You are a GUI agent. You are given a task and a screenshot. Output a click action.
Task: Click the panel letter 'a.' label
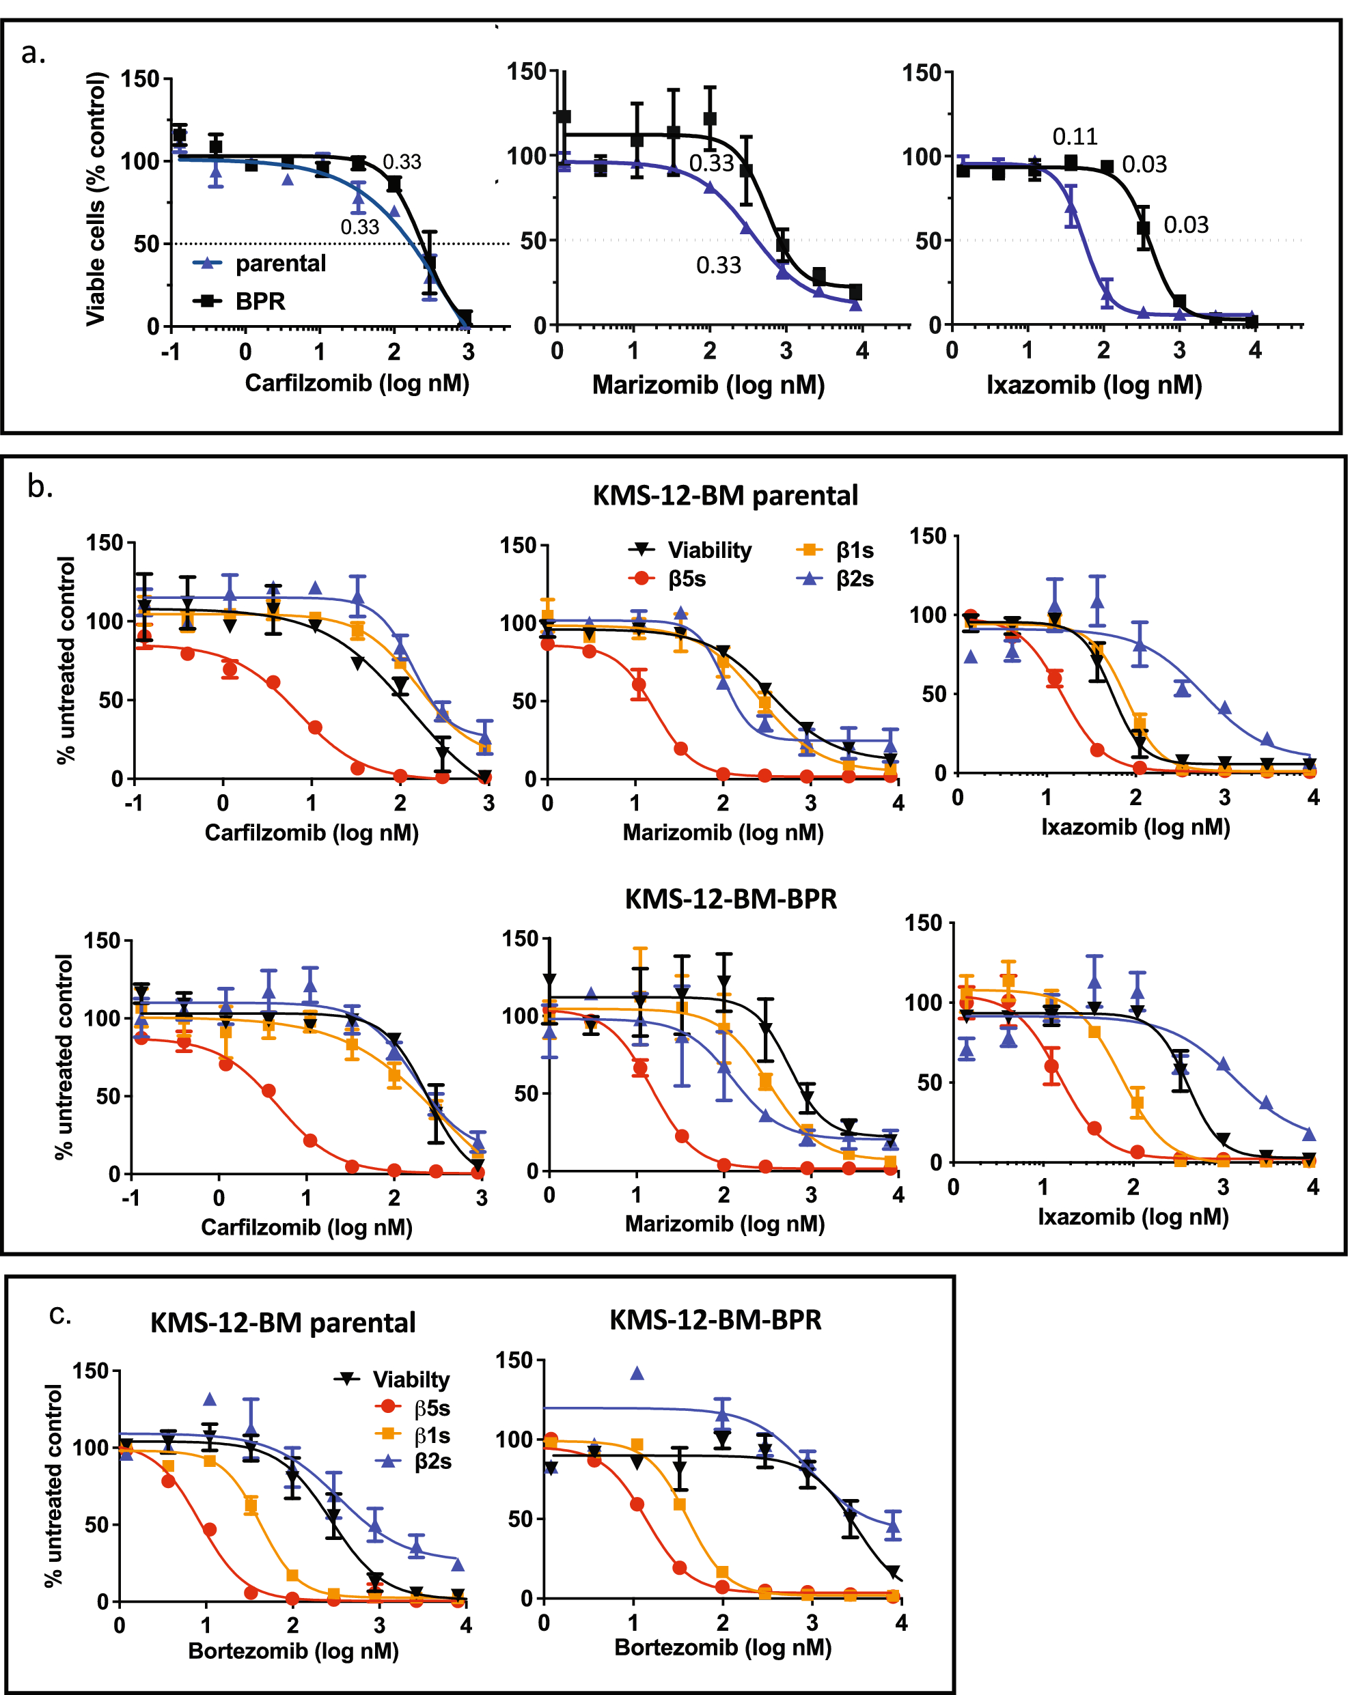pos(33,54)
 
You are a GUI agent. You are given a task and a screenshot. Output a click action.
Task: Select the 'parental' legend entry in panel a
pos(279,264)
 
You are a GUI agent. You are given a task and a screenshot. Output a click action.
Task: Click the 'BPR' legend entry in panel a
pos(260,301)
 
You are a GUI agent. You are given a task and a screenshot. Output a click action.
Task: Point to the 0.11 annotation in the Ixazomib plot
pos(1074,137)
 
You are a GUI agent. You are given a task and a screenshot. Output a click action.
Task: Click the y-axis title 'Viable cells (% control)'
pos(95,198)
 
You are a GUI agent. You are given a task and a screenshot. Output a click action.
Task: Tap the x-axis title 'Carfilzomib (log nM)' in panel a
pos(357,383)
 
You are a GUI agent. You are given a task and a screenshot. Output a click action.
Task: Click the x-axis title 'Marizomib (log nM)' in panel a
pos(708,384)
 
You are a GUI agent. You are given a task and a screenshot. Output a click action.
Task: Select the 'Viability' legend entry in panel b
pos(708,550)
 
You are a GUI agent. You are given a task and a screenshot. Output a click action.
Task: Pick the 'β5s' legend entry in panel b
pos(687,578)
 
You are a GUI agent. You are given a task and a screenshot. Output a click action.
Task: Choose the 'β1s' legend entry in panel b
pos(854,550)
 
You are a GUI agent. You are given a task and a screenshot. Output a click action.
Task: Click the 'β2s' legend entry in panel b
pos(854,578)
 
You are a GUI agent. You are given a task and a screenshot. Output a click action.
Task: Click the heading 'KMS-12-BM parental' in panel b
pos(724,496)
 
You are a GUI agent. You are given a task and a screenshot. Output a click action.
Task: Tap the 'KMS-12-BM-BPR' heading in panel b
pos(730,899)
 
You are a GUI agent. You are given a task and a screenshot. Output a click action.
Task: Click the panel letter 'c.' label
pos(59,1314)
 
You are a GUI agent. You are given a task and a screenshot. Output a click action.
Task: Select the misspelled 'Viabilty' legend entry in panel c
pos(411,1379)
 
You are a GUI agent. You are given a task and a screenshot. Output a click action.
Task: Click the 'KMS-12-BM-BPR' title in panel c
pos(715,1320)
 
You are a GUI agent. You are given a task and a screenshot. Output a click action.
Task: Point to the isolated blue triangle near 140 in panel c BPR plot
pos(637,1373)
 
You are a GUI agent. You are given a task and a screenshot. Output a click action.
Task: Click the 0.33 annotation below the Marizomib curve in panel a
pos(718,266)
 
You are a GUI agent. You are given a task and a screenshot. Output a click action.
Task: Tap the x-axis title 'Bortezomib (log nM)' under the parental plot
pos(293,1650)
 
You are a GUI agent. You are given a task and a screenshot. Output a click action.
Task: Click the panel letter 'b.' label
pos(40,488)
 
